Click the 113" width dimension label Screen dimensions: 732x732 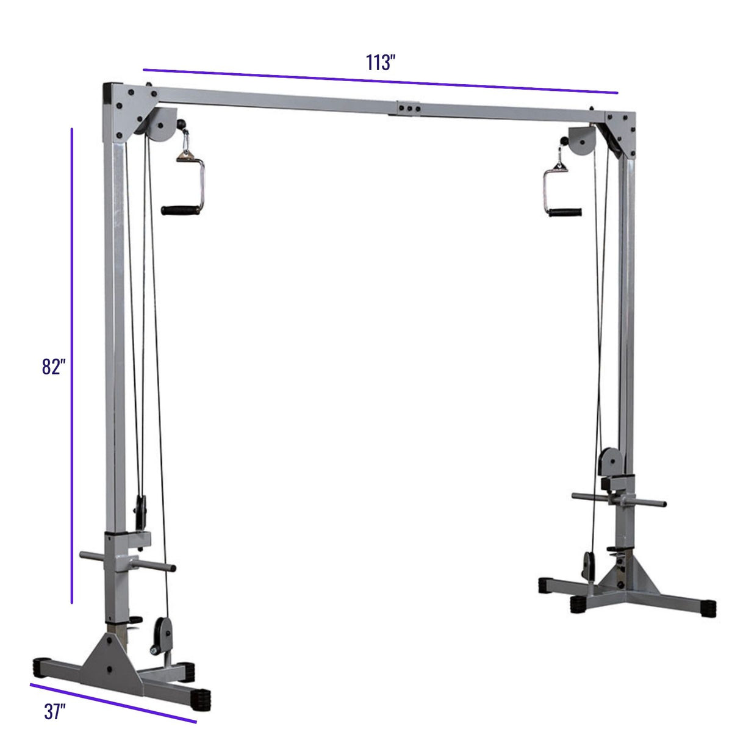(x=380, y=62)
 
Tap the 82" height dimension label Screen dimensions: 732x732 (x=54, y=367)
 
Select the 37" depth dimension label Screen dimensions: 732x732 (x=55, y=711)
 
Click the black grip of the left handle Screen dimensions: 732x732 (x=180, y=210)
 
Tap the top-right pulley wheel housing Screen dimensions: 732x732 (x=582, y=140)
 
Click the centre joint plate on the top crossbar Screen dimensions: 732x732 (x=409, y=108)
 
